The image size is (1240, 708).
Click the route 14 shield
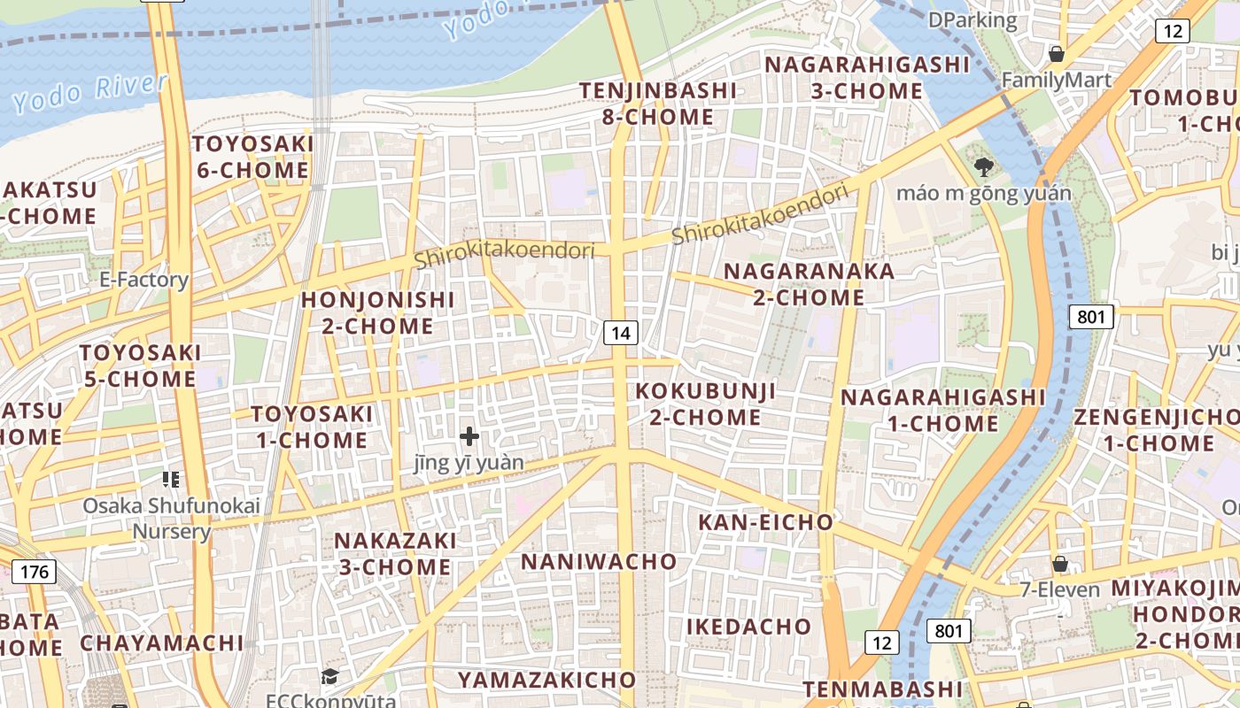(622, 333)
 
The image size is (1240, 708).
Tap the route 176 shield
(35, 572)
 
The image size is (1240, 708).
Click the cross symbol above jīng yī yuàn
(469, 435)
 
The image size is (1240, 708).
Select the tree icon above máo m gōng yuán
(983, 166)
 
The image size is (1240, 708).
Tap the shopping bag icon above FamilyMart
(1056, 54)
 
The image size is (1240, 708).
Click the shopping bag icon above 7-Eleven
(1059, 564)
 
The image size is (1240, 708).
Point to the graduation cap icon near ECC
(329, 677)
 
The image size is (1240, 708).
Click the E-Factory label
(144, 281)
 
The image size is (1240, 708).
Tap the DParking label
(973, 19)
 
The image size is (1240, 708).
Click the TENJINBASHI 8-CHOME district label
(657, 104)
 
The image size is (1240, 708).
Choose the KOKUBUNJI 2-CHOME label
(705, 404)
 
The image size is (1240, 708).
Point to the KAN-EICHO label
(765, 522)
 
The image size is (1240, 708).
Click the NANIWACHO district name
(599, 562)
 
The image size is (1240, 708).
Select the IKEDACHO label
(748, 627)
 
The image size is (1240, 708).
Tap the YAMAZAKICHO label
(546, 680)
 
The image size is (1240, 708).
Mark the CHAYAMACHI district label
(161, 643)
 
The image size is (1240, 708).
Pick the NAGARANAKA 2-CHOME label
(810, 284)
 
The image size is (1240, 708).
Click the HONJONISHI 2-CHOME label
(377, 312)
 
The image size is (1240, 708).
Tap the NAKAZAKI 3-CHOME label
(395, 553)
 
